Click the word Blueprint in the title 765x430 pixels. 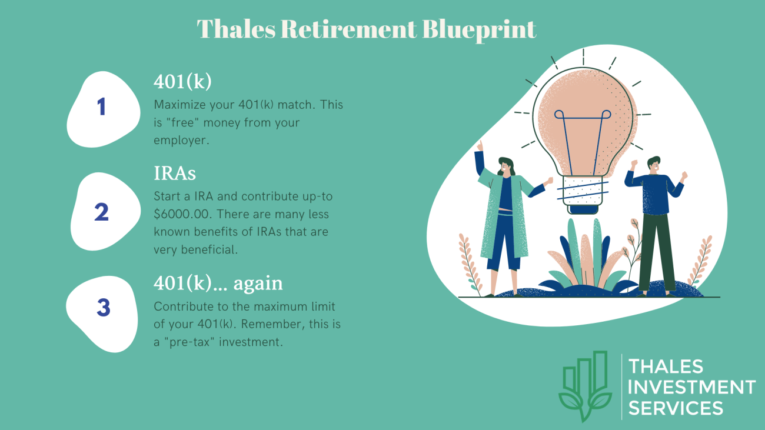(479, 30)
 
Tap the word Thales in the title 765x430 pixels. (237, 29)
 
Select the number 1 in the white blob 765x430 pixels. (101, 107)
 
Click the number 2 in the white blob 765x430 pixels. (101, 212)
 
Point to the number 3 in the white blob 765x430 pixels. (104, 307)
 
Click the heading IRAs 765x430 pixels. (175, 173)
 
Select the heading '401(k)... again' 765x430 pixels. (218, 284)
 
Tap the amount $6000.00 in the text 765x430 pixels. (181, 214)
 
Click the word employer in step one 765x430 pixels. (181, 141)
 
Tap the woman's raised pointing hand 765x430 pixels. (480, 146)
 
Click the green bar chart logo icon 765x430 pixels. (585, 386)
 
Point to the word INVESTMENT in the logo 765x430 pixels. (691, 387)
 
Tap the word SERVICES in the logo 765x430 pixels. (676, 408)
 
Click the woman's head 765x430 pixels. (505, 166)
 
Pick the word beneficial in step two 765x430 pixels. (209, 249)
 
